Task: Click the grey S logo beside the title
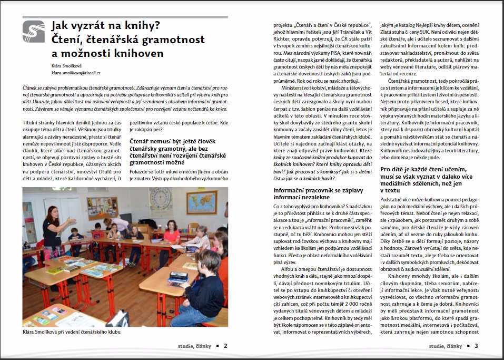coord(34,32)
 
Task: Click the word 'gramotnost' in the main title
coord(177,40)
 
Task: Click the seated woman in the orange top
coord(171,242)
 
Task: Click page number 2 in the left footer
coord(225,346)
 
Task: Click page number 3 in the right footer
coord(476,346)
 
